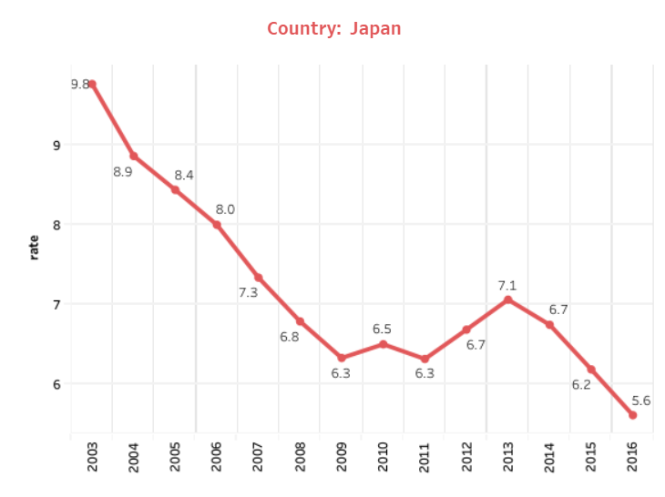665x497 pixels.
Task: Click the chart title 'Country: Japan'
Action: pyautogui.click(x=333, y=29)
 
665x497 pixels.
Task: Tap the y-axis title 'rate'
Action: pyautogui.click(x=35, y=247)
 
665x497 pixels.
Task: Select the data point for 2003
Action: pyautogui.click(x=92, y=85)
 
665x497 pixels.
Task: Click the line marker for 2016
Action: pyautogui.click(x=632, y=415)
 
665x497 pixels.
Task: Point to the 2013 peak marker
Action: pyautogui.click(x=507, y=299)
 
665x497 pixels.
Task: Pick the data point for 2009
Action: pyautogui.click(x=342, y=358)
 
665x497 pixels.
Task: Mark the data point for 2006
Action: pyautogui.click(x=217, y=225)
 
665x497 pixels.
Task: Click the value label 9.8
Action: pyautogui.click(x=80, y=85)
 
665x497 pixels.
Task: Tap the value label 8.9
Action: pyautogui.click(x=123, y=172)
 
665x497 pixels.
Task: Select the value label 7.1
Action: pyautogui.click(x=507, y=286)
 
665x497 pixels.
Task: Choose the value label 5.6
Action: pyautogui.click(x=640, y=401)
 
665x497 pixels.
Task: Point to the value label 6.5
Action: pyautogui.click(x=383, y=329)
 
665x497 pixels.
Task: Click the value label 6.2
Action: pyautogui.click(x=581, y=385)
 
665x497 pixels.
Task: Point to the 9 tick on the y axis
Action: pyautogui.click(x=56, y=145)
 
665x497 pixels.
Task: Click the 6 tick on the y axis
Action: pyautogui.click(x=56, y=384)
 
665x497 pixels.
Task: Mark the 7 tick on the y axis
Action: pyautogui.click(x=56, y=304)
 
